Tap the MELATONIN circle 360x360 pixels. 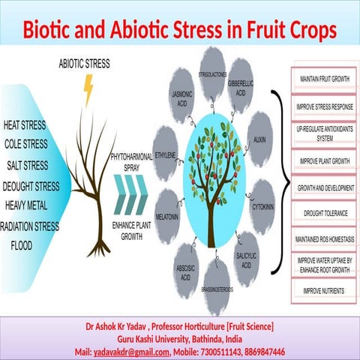tap(167, 206)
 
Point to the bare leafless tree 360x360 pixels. tap(93, 180)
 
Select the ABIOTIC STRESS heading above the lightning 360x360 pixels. tap(84, 65)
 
